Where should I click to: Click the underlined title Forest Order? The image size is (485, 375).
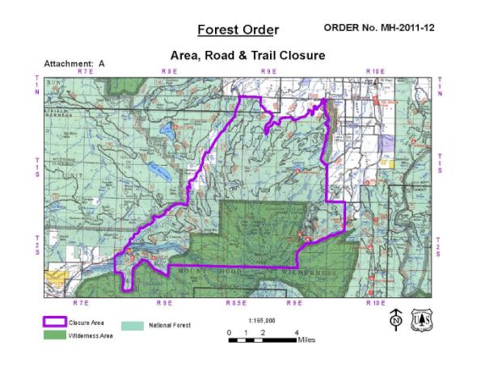coord(238,30)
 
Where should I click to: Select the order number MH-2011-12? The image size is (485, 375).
coord(379,27)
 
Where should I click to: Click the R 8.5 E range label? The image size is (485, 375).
coord(235,302)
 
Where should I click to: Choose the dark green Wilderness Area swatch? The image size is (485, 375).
coord(54,335)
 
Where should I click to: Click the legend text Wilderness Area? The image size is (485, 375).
coord(91,335)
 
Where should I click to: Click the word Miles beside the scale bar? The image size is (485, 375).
coord(306,340)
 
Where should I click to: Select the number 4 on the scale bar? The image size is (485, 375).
coord(297,332)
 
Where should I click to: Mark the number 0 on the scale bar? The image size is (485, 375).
coord(230,332)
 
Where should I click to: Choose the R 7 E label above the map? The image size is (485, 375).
coord(84,72)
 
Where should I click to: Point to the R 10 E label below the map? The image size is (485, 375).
coord(374,302)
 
